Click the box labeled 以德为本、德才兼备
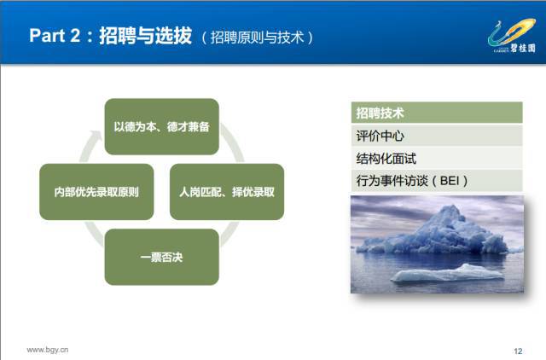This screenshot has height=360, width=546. (x=161, y=127)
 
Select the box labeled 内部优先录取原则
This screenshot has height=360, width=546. (x=96, y=192)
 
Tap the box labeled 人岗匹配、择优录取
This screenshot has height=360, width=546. (x=227, y=192)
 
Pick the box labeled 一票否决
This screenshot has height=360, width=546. (x=161, y=257)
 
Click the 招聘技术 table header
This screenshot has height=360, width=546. (x=437, y=113)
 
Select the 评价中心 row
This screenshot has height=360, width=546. (x=437, y=136)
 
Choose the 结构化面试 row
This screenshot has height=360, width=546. (x=437, y=158)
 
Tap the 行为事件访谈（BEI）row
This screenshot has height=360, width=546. (x=437, y=181)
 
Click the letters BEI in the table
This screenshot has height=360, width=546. (x=450, y=181)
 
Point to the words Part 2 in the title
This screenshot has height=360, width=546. (x=55, y=36)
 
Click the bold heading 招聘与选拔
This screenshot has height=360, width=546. (x=146, y=35)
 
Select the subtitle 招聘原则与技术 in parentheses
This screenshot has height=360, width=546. (x=258, y=38)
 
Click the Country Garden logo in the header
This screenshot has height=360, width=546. (x=512, y=36)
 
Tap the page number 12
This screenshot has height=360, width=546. (x=518, y=351)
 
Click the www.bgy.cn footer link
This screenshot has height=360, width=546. (x=48, y=350)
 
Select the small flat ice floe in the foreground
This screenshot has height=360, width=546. (x=447, y=273)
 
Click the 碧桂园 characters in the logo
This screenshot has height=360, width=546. (x=523, y=48)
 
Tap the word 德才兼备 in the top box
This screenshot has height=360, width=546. (x=188, y=127)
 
